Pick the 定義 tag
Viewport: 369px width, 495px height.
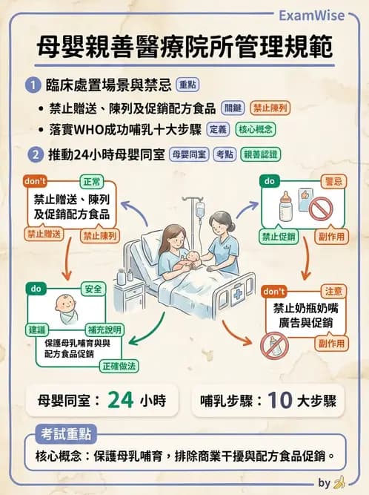pyautogui.click(x=217, y=129)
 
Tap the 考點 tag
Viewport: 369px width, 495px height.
pyautogui.click(x=222, y=154)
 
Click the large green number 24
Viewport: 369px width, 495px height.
pyautogui.click(x=119, y=400)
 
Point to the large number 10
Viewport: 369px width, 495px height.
pyautogui.click(x=278, y=400)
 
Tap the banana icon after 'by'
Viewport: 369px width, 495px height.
pyautogui.click(x=340, y=482)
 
